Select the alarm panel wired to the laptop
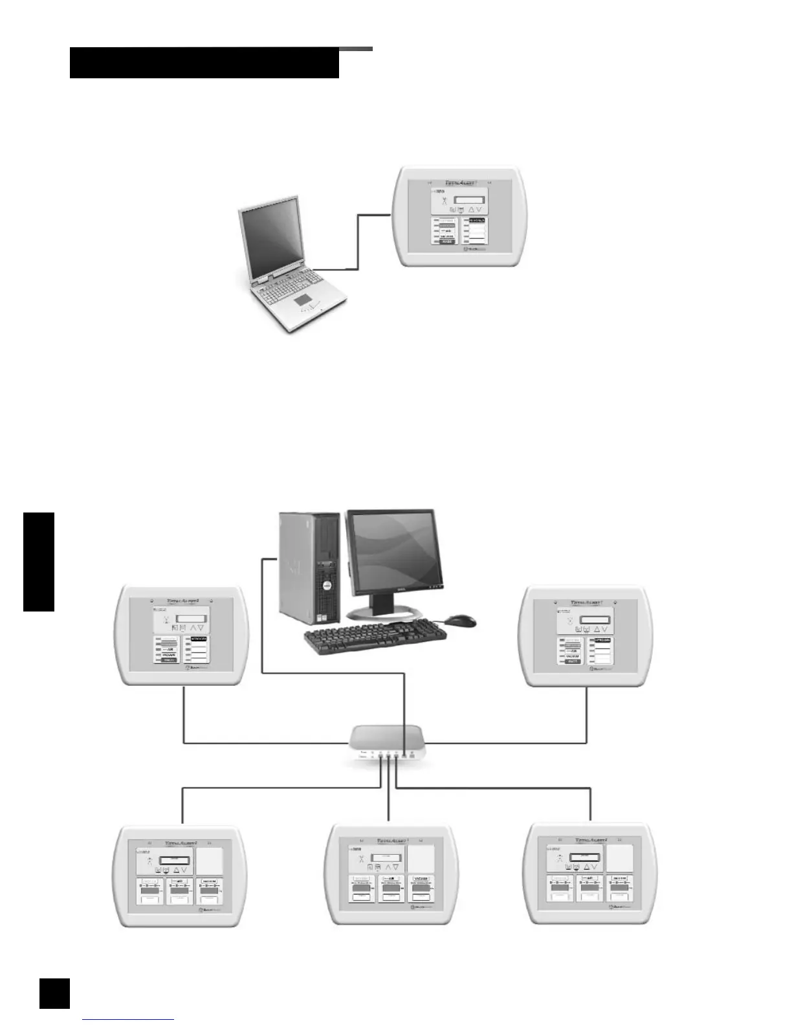point(460,217)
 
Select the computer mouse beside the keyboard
point(461,620)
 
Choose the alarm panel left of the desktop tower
point(182,635)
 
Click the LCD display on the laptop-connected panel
point(468,200)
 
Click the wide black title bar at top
point(204,63)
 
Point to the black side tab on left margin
point(39,561)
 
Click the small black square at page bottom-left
point(54,993)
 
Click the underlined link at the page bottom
point(129,1020)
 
